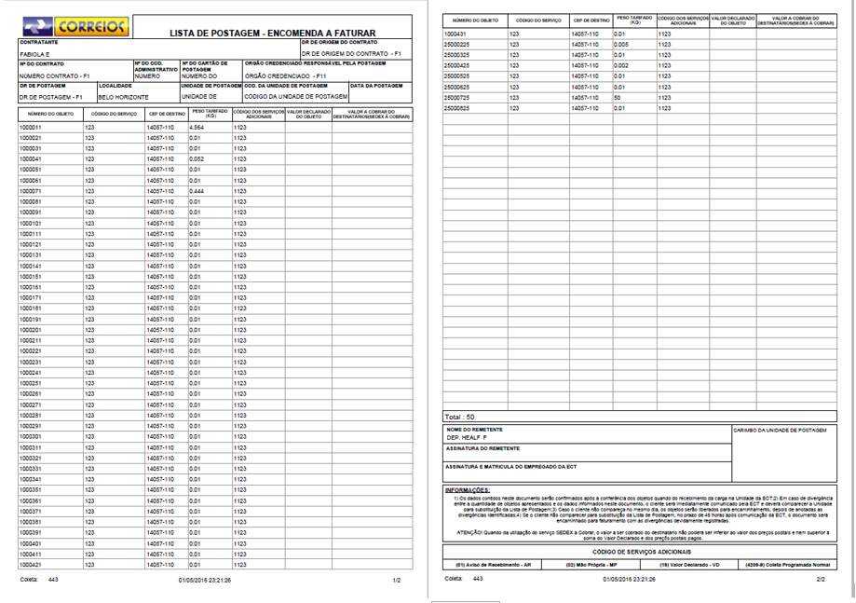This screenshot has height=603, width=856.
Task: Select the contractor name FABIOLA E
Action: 36,54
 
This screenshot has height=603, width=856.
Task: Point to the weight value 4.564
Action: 197,127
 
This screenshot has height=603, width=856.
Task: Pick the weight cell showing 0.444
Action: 197,191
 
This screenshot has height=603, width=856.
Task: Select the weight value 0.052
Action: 197,159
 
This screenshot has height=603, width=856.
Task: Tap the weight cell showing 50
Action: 618,98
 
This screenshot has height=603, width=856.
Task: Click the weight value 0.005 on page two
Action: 621,45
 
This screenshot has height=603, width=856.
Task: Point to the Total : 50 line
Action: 460,417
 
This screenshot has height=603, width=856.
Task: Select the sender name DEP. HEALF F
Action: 467,437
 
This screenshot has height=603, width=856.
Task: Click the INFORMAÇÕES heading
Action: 468,490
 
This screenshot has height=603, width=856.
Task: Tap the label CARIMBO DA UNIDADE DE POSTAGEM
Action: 781,431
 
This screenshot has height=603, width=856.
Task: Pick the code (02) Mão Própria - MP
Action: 592,566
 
